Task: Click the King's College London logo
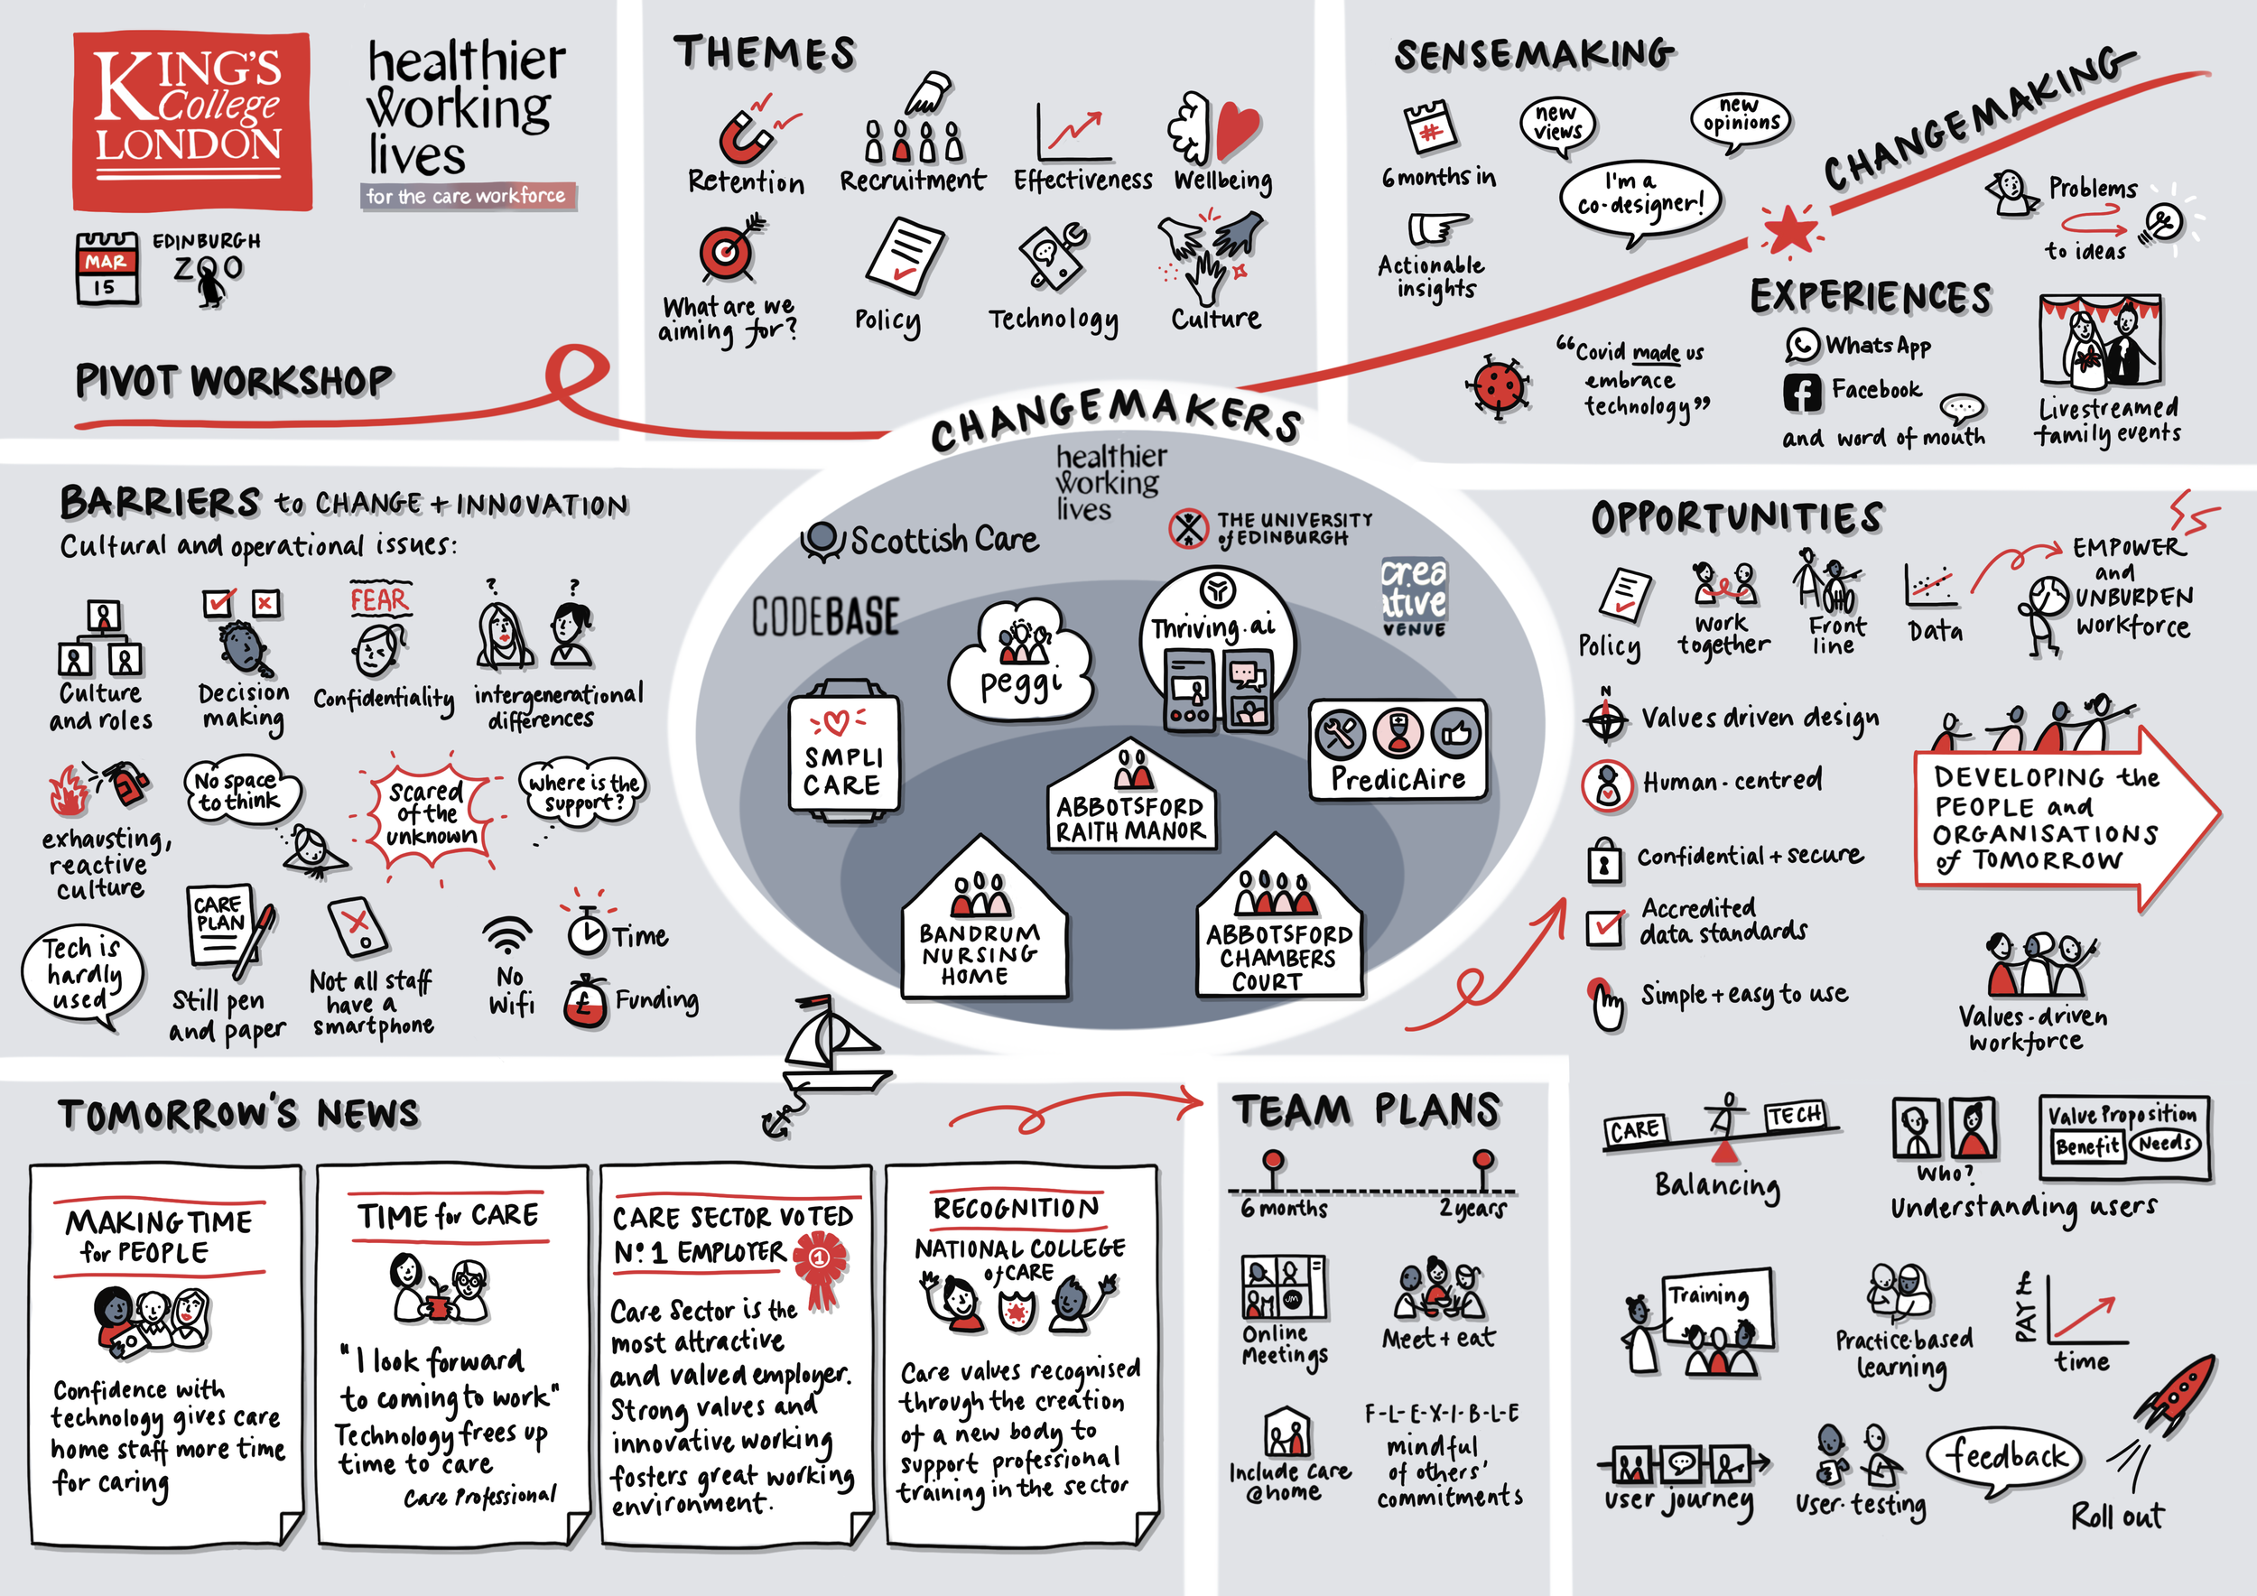(x=191, y=121)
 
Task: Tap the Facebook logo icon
(x=1802, y=392)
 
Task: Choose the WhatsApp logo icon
(x=1802, y=345)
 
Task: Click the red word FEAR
(x=378, y=599)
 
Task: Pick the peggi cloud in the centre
(x=1020, y=663)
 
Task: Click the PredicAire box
(x=1397, y=750)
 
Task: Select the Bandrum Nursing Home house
(x=981, y=923)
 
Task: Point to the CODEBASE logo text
(x=826, y=617)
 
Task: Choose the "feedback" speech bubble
(x=2005, y=1455)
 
